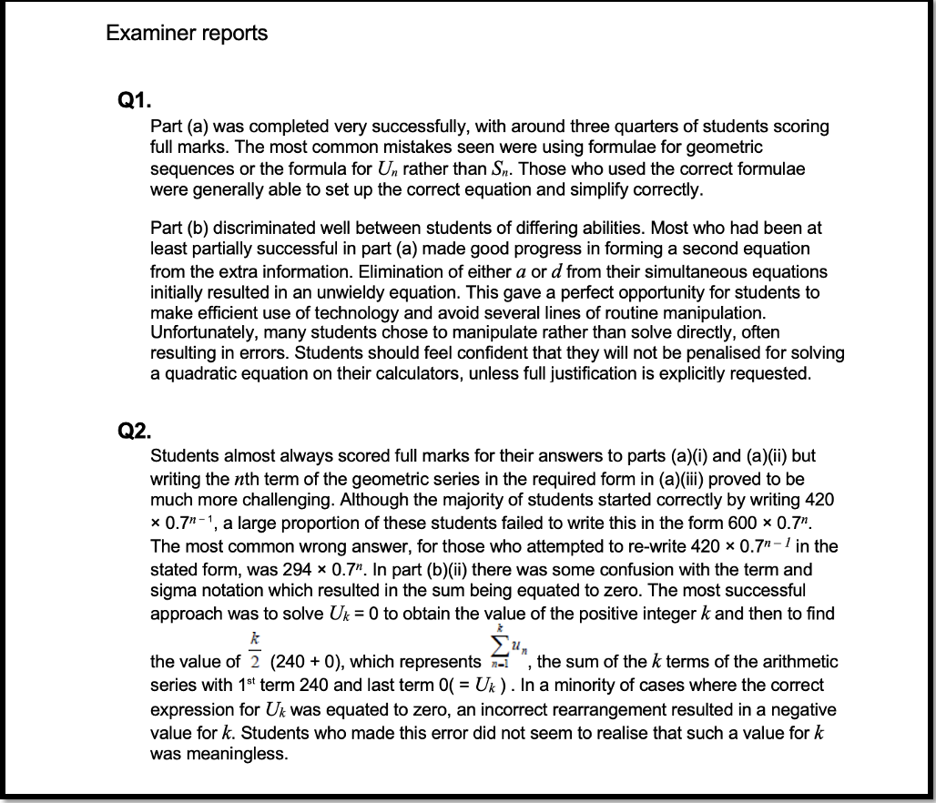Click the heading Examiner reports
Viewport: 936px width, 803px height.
click(x=187, y=34)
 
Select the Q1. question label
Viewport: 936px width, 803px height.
click(x=133, y=103)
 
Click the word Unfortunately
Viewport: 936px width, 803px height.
click(x=200, y=333)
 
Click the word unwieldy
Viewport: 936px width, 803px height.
click(x=412, y=292)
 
